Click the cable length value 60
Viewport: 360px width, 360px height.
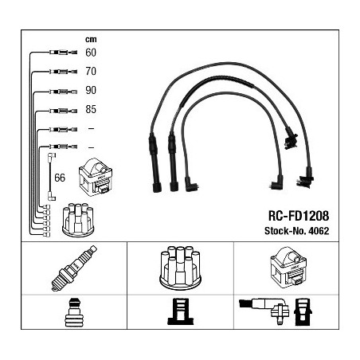pos(91,53)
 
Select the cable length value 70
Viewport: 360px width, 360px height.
pos(91,71)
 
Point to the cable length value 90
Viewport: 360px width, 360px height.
pos(91,90)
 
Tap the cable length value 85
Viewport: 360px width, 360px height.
pos(91,109)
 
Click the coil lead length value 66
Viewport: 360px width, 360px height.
pos(60,178)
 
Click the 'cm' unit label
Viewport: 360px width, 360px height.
pos(91,40)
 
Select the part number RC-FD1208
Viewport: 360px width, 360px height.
pos(299,216)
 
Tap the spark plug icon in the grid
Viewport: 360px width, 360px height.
pos(74,268)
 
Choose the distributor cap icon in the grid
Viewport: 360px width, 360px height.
pos(180,267)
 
